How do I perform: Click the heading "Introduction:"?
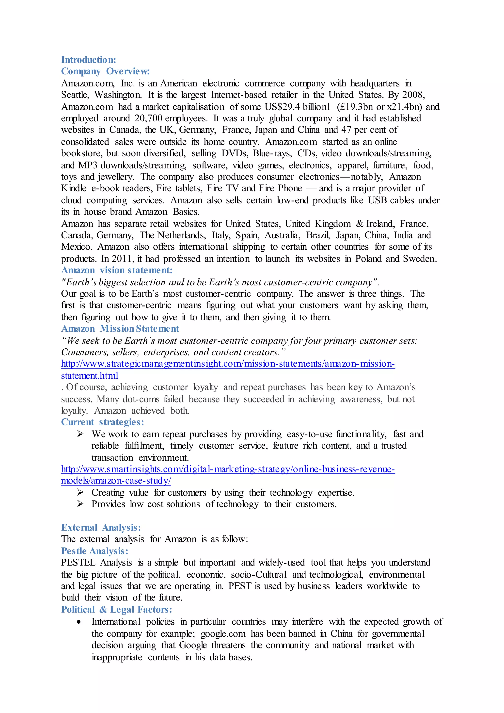88,60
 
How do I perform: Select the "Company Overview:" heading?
105,71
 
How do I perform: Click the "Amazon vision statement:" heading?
117,270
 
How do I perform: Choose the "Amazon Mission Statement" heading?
120,328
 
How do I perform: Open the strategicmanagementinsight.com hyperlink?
228,364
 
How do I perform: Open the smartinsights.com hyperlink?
228,469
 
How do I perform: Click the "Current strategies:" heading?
102,422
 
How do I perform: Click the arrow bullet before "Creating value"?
80,492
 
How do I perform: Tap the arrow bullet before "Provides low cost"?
80,504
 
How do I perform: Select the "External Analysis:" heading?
101,528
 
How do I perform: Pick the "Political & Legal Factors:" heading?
116,610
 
